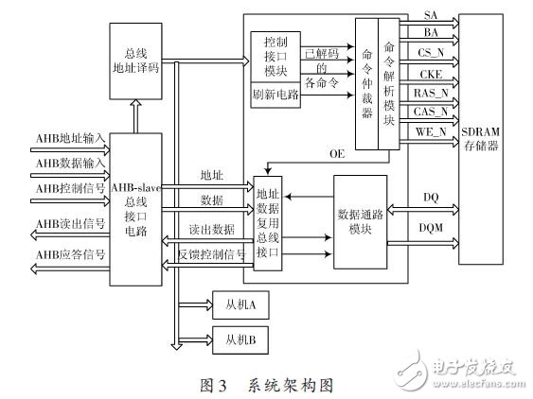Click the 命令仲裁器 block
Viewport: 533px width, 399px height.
[x=367, y=82]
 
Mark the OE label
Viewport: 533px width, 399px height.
[x=337, y=153]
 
